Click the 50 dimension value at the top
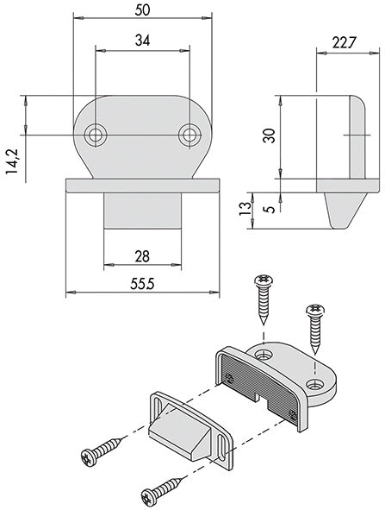tap(142, 10)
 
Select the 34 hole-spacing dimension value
tap(142, 41)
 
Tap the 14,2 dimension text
tap(13, 161)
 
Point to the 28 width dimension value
tap(142, 256)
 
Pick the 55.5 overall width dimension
tap(142, 284)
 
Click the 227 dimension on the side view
tap(344, 42)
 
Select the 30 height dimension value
tap(270, 136)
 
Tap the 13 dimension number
tap(245, 209)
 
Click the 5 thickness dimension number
tap(270, 209)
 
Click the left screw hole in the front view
tap(96, 135)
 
